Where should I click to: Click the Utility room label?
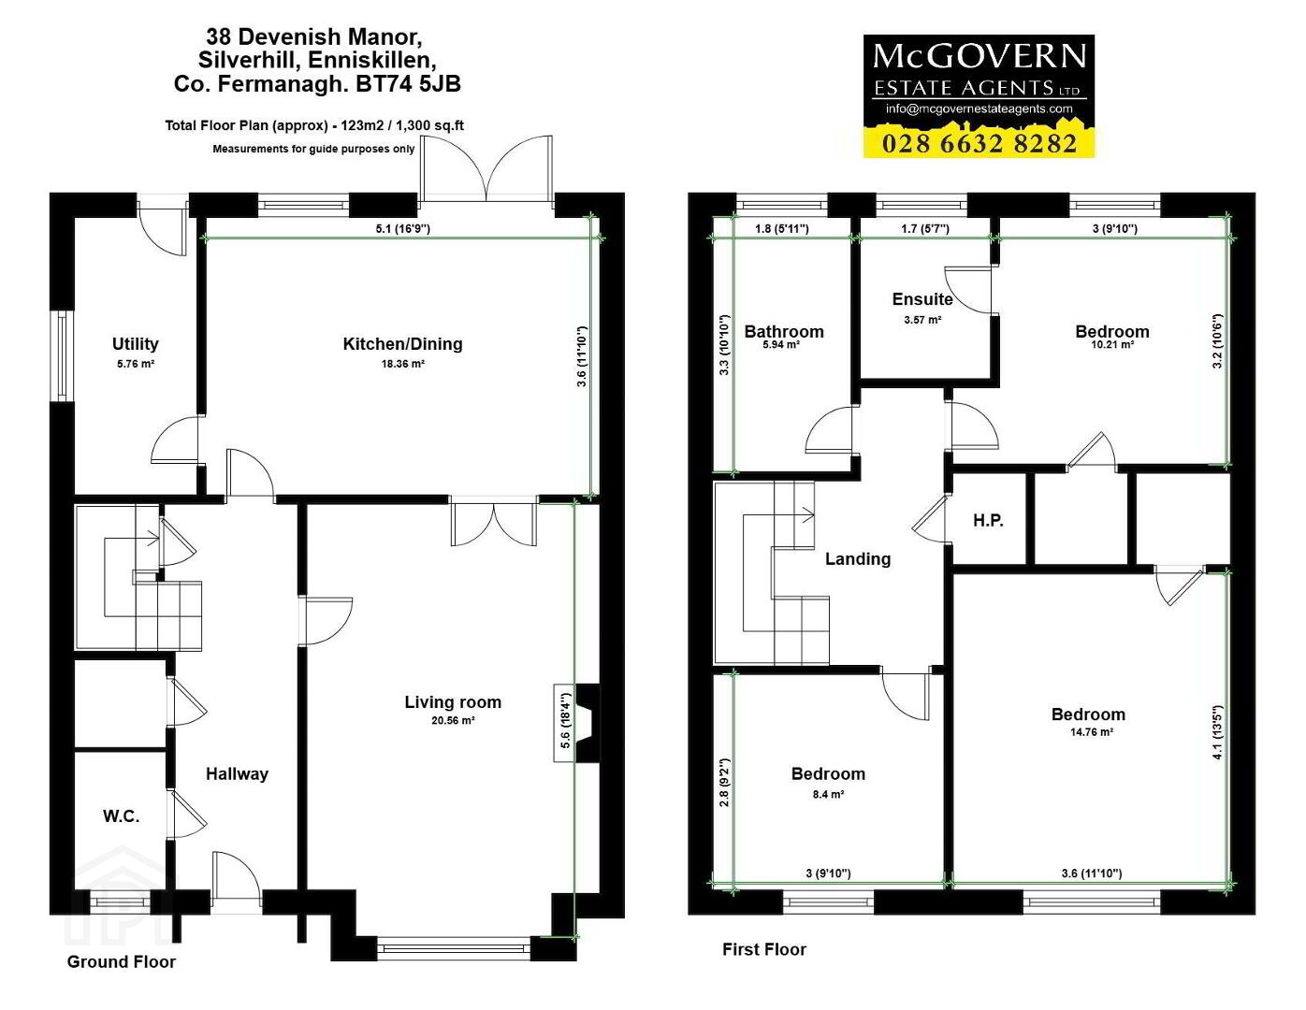coord(136,343)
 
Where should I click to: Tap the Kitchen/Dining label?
coord(402,343)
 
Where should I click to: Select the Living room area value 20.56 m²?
coord(453,720)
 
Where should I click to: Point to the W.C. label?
coord(121,815)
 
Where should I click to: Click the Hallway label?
coord(237,774)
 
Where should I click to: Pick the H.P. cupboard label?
coord(988,520)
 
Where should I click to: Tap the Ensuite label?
coord(922,299)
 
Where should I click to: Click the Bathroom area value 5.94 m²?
coord(781,345)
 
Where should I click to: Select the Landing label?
coord(858,559)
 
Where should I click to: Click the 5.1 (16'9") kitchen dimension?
coord(402,228)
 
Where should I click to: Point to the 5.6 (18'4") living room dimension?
coord(565,720)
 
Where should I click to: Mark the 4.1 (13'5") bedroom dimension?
coord(1218,732)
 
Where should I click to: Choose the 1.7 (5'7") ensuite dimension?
coord(925,228)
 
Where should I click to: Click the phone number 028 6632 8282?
coord(979,144)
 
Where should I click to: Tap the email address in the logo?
coord(979,108)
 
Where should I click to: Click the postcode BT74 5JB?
coord(409,83)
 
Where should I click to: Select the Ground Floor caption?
coord(122,962)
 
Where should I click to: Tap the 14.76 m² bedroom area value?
coord(1091,732)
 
